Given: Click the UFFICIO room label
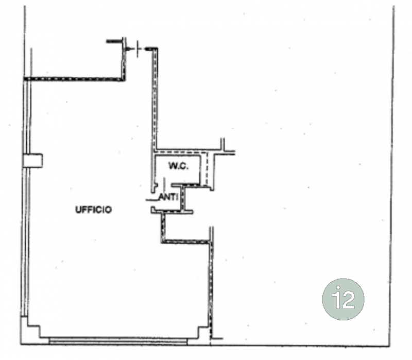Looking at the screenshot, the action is pos(94,210).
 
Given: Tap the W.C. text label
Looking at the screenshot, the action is pos(179,166).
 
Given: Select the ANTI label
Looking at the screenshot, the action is pos(169,197).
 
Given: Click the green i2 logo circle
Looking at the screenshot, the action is pos(343,299).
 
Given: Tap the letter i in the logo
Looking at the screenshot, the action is pos(335,298).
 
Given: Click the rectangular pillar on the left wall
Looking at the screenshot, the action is pos(33,161).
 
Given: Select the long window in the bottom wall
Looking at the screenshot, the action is pos(118,341).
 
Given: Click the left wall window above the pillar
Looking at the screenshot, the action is pos(27,117).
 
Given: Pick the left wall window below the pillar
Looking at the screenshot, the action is pos(25,242).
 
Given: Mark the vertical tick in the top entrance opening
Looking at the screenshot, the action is pos(138,49).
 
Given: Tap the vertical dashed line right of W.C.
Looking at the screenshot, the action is pos(207,169).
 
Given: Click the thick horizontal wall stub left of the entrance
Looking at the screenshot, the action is pos(115,41).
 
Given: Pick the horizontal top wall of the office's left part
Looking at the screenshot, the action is pos(74,79).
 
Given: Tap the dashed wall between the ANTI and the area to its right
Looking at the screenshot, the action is pos(183,198).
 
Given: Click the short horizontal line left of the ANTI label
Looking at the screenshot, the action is pos(152,200).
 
